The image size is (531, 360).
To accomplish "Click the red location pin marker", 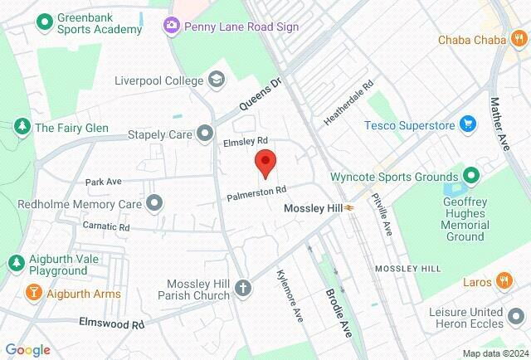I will coord(265,163).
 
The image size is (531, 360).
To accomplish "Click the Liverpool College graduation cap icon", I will coord(216,80).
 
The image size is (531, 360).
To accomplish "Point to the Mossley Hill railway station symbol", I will coord(352,208).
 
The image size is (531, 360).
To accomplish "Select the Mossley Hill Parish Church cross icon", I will coord(242,289).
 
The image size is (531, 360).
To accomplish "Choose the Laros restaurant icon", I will coord(503,281).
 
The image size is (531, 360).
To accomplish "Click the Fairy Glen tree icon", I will coord(21,128).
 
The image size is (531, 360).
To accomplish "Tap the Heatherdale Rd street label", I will coord(349,104).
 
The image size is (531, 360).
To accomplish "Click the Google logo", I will coord(27,349).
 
